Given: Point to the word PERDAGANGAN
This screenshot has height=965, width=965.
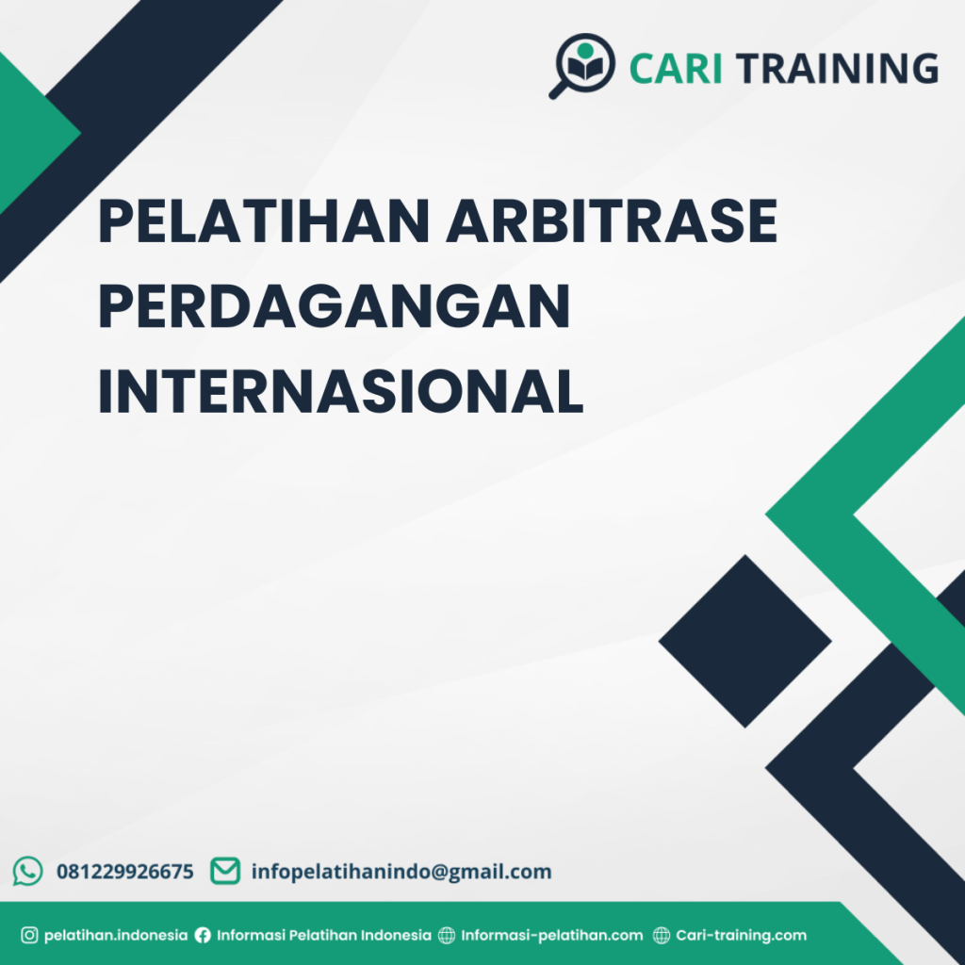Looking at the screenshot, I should [x=335, y=307].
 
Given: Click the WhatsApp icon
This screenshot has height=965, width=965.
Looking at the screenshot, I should [x=28, y=871].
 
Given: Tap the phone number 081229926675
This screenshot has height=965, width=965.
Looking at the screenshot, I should [x=125, y=872].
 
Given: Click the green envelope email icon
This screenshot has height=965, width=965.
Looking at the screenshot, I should [x=224, y=871].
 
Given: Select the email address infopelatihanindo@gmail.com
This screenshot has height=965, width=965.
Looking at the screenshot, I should [x=401, y=872].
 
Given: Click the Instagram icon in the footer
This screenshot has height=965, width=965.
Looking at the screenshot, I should [x=29, y=936].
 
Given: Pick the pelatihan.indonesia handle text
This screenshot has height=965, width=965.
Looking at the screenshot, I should [x=116, y=936].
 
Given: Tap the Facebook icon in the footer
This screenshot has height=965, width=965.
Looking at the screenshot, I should [x=203, y=936].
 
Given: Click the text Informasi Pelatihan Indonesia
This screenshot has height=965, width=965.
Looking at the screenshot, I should [x=324, y=936].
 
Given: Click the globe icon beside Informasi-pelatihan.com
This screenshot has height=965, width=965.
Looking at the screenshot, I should [x=446, y=936].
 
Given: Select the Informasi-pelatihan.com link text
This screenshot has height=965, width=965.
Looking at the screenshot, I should [x=552, y=936].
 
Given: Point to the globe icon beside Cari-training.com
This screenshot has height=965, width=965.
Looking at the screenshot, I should [x=662, y=936].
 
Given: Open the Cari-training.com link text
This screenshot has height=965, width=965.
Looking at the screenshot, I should [x=742, y=936].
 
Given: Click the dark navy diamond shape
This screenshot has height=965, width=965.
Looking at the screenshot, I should [x=744, y=641].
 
